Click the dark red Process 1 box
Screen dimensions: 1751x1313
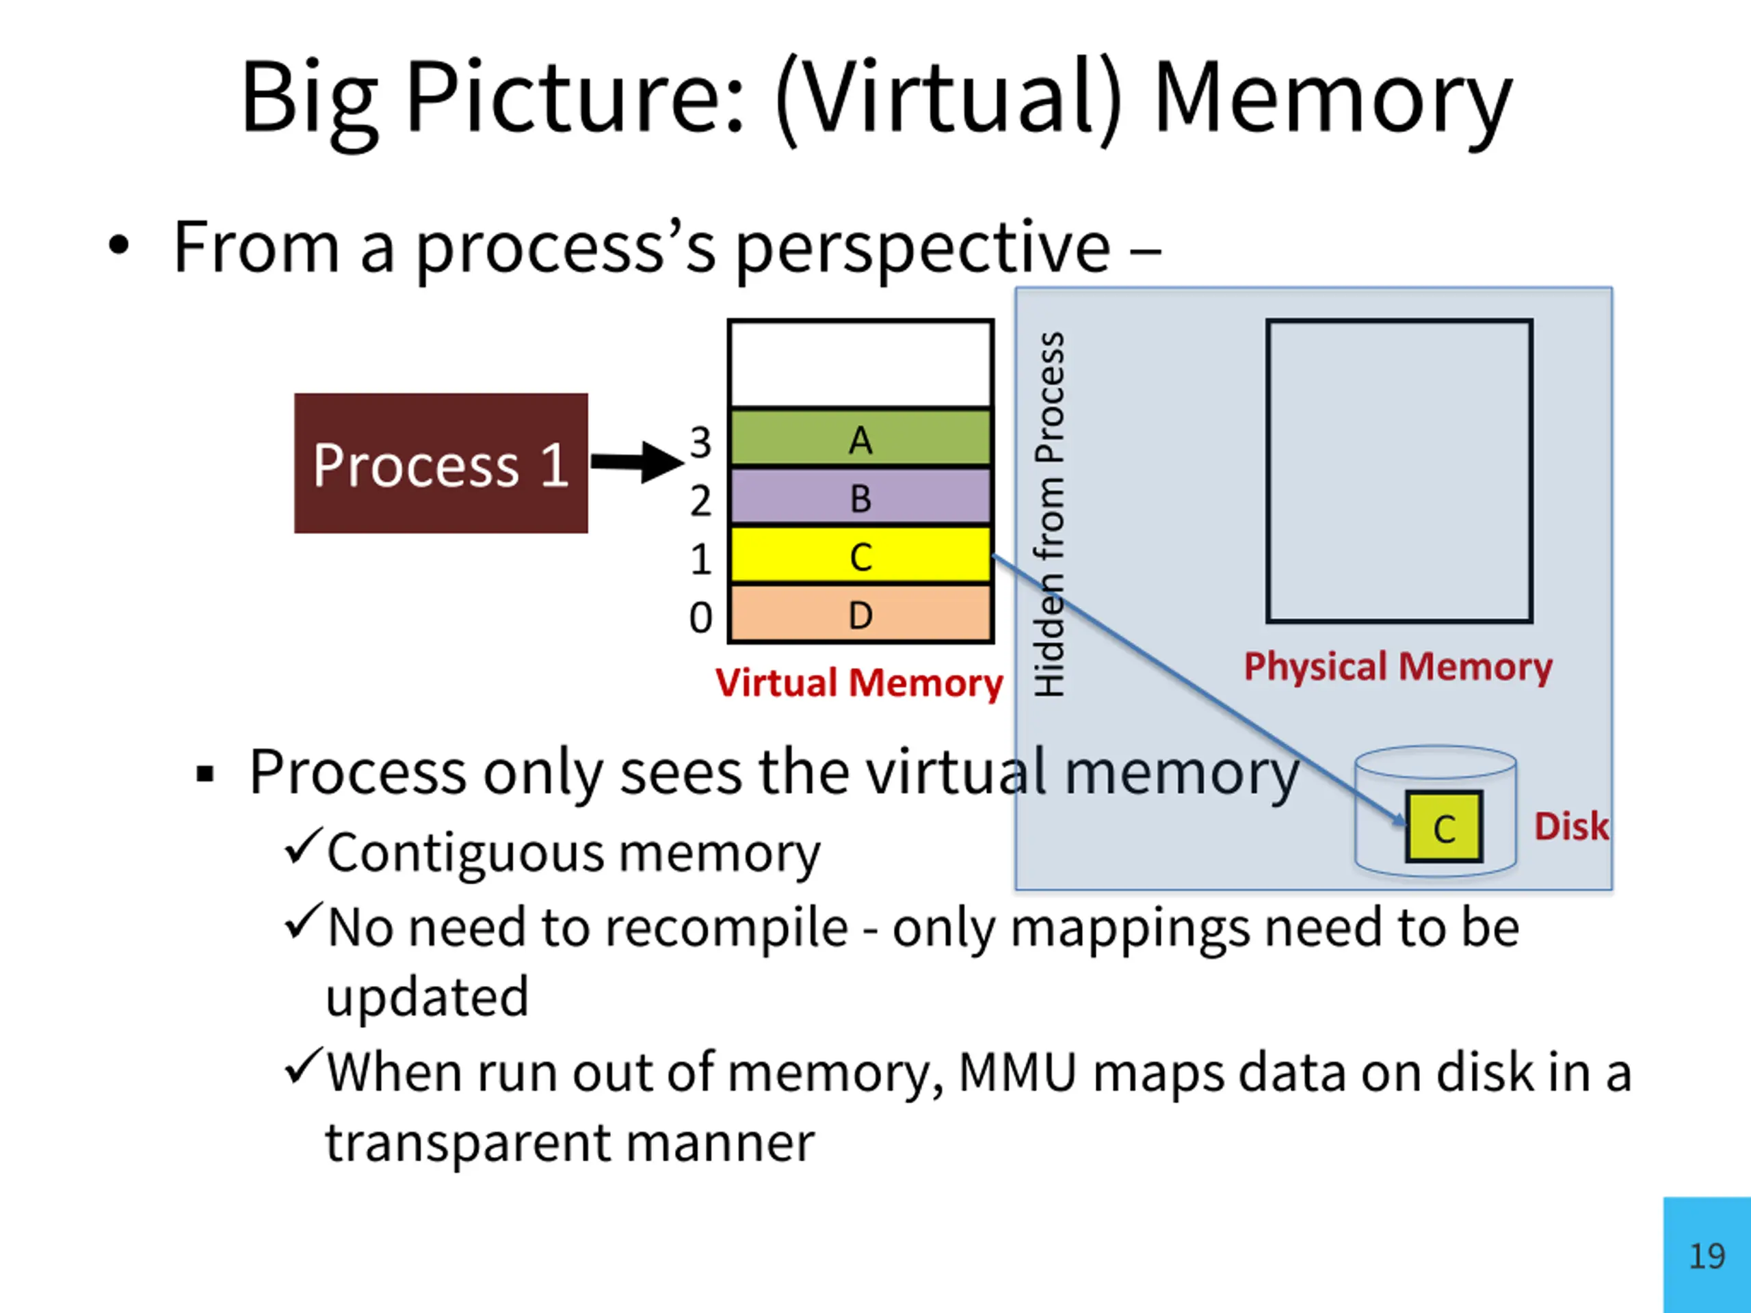(441, 463)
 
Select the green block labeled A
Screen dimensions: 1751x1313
(860, 438)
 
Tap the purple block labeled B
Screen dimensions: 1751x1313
(860, 497)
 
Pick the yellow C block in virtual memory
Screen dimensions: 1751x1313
(860, 555)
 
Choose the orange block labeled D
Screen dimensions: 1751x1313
(860, 613)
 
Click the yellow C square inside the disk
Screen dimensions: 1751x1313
(1444, 826)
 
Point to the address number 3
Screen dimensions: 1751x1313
(700, 442)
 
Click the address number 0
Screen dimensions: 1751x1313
(700, 618)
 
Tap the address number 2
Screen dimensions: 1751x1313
(700, 500)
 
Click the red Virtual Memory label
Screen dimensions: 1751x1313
(859, 682)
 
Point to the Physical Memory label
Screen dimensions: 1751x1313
(1398, 665)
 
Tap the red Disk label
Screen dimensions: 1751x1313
(1571, 826)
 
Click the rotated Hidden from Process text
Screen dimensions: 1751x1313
(1050, 514)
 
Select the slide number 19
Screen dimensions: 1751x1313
(1707, 1256)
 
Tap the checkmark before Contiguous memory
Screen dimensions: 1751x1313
(304, 845)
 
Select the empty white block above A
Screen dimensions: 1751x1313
(860, 364)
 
